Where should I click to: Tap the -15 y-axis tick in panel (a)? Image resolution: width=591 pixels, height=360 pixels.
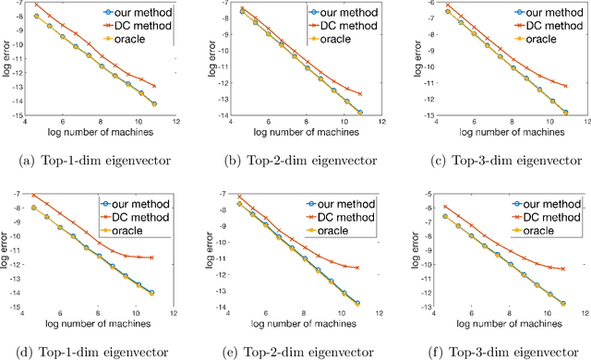16,114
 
